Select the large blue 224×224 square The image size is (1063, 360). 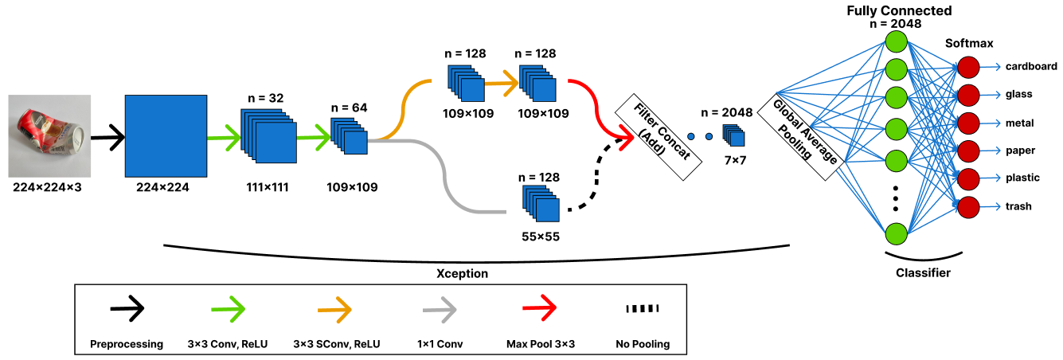coord(166,135)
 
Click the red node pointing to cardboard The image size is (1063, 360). coord(968,66)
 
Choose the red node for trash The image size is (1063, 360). coord(968,207)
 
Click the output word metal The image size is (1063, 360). coord(1018,123)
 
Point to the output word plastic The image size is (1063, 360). coord(1022,178)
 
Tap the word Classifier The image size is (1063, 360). coord(923,273)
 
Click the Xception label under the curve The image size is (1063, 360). coord(463,273)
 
